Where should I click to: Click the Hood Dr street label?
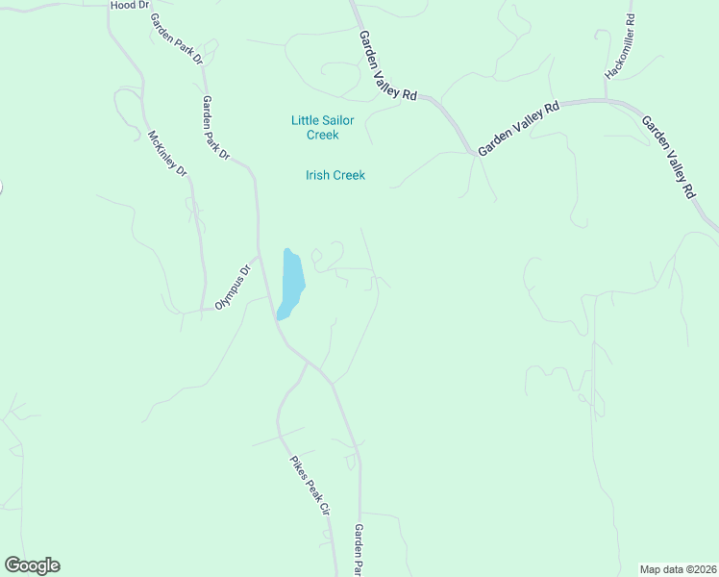[x=131, y=6]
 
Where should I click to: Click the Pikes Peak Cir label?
[x=310, y=486]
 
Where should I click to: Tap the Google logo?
[x=32, y=565]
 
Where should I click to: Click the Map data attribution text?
[x=679, y=568]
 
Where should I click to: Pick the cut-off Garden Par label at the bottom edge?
[x=358, y=550]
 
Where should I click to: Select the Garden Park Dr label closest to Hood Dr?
[x=176, y=39]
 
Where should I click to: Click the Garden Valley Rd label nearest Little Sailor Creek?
[x=388, y=65]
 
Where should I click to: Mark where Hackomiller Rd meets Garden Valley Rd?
[x=607, y=99]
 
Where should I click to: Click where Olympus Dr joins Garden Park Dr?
[x=259, y=257]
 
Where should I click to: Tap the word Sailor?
[x=338, y=120]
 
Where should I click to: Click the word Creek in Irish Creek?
[x=349, y=175]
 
